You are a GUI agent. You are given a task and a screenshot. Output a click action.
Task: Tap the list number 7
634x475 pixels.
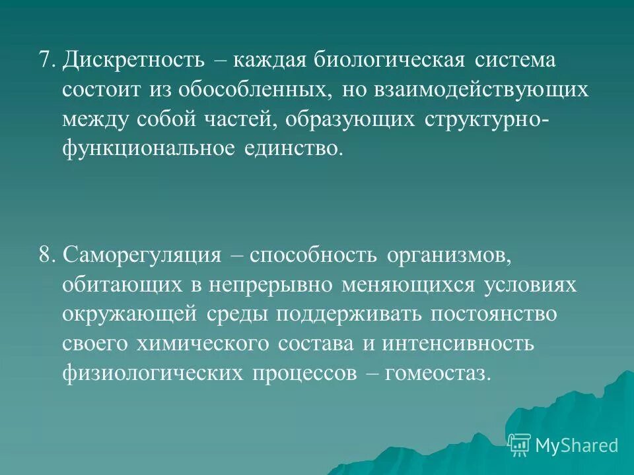tap(45, 61)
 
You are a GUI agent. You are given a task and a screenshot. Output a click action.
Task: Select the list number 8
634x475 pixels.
tap(45, 255)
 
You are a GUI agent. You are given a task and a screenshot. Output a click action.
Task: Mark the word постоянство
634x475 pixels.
tap(495, 314)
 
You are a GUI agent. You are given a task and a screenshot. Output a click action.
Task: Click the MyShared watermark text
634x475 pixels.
tap(577, 445)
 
